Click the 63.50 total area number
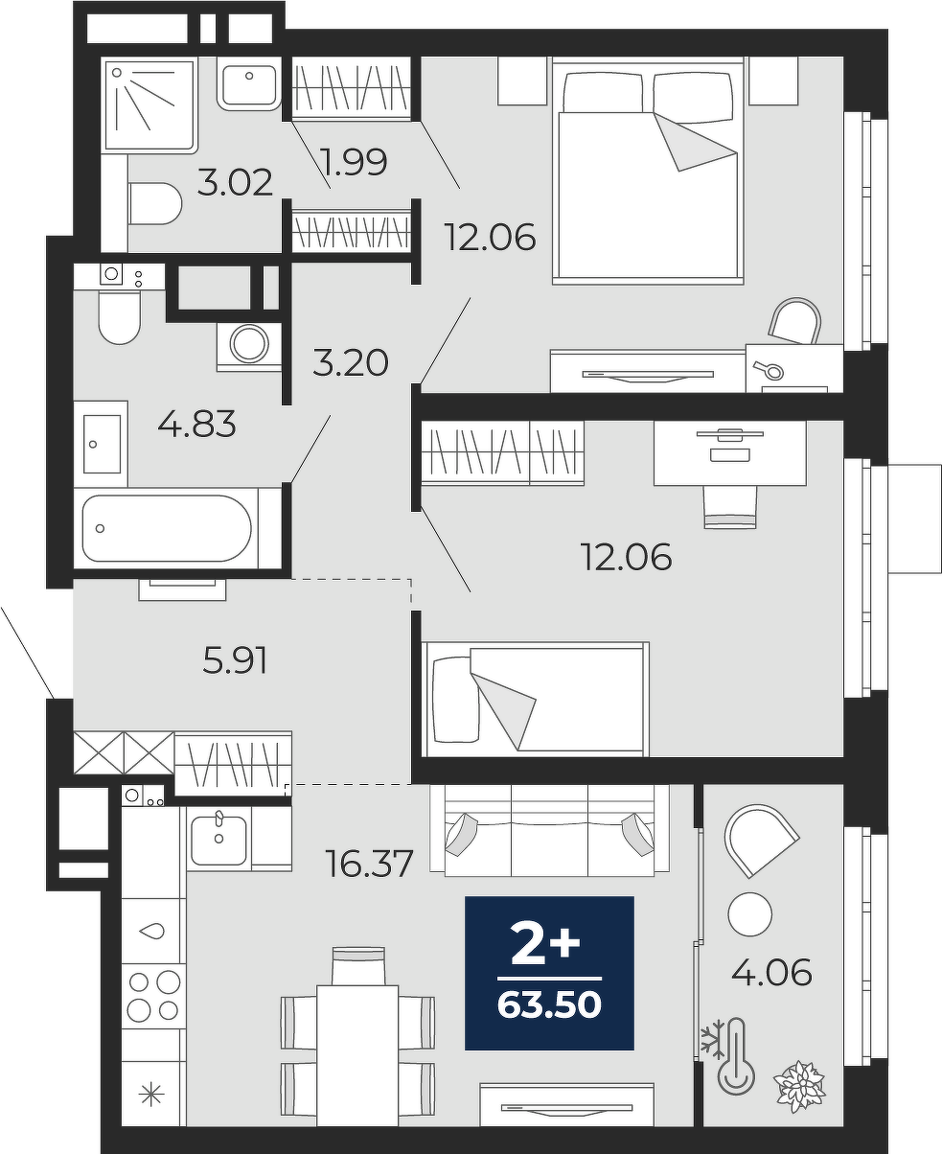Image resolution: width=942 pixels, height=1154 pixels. point(549,1004)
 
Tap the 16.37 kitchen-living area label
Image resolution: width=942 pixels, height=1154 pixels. point(369,864)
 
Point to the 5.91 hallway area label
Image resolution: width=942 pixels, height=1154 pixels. point(235,659)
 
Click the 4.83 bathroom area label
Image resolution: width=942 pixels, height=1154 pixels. point(197,424)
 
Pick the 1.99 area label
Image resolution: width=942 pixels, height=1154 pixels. point(355,162)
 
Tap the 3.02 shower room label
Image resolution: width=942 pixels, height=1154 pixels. point(235,183)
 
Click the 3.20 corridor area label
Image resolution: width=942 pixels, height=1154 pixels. point(351,362)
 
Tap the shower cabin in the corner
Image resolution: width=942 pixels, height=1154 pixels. point(149,106)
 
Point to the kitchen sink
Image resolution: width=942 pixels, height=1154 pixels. point(218,841)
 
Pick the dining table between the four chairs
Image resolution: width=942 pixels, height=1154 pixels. point(357,1055)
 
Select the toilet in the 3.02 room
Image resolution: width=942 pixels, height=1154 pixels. point(155,203)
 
